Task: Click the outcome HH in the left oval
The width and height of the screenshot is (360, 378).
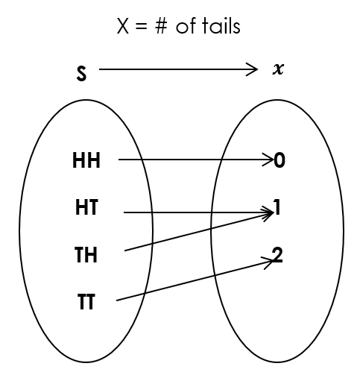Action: tap(86, 160)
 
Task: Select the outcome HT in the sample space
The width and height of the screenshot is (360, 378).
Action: tap(86, 207)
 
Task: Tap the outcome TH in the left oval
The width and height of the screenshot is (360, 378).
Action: tap(86, 256)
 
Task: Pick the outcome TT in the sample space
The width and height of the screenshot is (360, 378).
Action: tap(86, 304)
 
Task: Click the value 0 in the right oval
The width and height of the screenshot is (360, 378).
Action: tap(280, 160)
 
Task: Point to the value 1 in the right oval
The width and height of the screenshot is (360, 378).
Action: tap(277, 208)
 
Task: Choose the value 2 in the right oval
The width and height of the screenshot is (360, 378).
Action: tap(277, 255)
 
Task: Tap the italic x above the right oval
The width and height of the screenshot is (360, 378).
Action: tap(278, 70)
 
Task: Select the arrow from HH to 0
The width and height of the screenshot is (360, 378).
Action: tap(194, 160)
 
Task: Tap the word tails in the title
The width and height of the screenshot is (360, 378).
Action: tap(221, 27)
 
